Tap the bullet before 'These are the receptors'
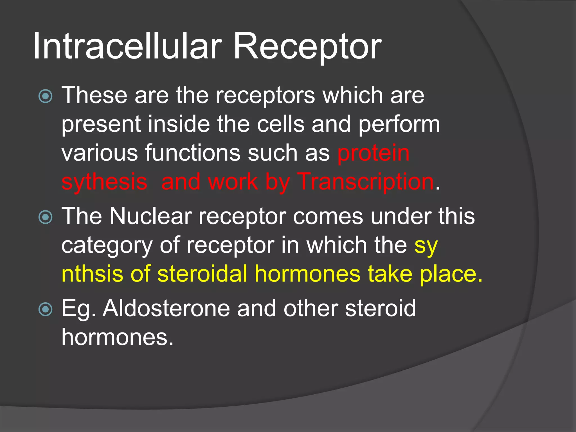click(45, 96)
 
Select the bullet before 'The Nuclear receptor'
click(45, 217)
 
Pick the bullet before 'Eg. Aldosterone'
click(45, 309)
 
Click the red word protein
click(373, 153)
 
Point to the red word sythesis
click(104, 182)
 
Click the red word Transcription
click(366, 182)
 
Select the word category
click(107, 246)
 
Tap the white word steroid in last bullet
click(380, 309)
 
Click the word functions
click(193, 153)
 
